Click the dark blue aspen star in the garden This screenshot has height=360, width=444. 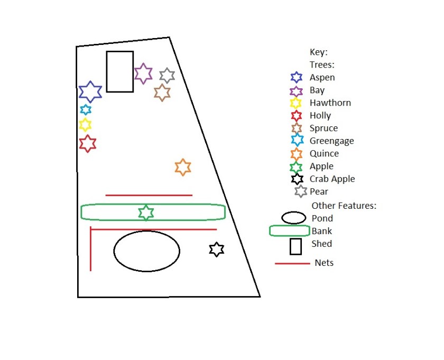[x=90, y=91]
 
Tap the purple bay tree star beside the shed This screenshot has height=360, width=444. [x=143, y=73]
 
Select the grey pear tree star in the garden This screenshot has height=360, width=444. [x=167, y=76]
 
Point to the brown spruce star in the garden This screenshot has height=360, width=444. [x=162, y=93]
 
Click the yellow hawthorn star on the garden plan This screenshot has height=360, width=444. [x=85, y=125]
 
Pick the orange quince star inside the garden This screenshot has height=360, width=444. [x=182, y=167]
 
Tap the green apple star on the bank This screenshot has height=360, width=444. [x=146, y=213]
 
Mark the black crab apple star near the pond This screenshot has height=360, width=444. [x=216, y=250]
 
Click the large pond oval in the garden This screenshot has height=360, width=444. [x=146, y=251]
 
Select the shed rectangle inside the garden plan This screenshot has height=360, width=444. [x=119, y=71]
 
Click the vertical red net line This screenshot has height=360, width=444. [x=90, y=249]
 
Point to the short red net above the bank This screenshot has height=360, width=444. [x=149, y=195]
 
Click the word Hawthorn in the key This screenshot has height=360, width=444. [x=330, y=103]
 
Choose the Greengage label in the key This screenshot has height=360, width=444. [x=332, y=141]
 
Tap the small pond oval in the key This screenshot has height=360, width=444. [x=294, y=218]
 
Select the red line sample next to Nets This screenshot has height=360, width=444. [x=292, y=263]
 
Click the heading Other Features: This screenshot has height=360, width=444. [x=344, y=205]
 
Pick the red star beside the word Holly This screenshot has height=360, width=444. [x=297, y=116]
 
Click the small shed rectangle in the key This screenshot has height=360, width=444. [x=295, y=246]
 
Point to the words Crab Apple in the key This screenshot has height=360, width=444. [x=332, y=179]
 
